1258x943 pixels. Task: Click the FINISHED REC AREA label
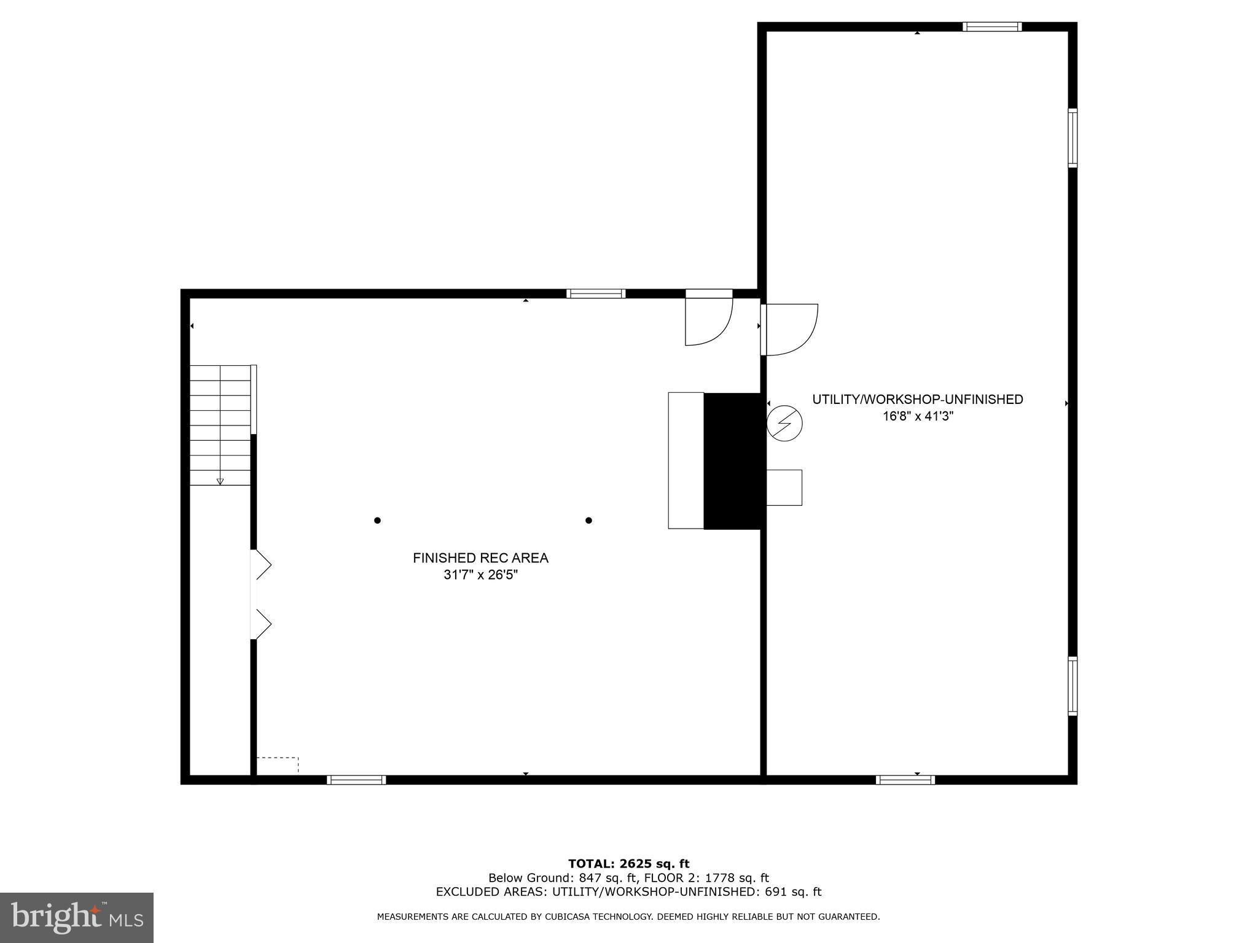pyautogui.click(x=480, y=558)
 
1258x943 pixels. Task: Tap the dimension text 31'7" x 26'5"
pyautogui.click(x=480, y=575)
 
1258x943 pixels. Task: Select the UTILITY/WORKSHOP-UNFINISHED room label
pyautogui.click(x=918, y=400)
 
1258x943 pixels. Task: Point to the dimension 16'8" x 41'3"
pyautogui.click(x=918, y=416)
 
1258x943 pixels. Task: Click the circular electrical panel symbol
pyautogui.click(x=784, y=423)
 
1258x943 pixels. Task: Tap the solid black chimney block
pyautogui.click(x=733, y=460)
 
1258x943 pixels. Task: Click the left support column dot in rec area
pyautogui.click(x=377, y=521)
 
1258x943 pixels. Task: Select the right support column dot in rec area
pyautogui.click(x=588, y=521)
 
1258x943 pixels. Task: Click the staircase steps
pyautogui.click(x=220, y=424)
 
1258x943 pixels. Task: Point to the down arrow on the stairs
pyautogui.click(x=220, y=481)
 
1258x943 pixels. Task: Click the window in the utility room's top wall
pyautogui.click(x=992, y=26)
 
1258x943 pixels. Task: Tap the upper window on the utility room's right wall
pyautogui.click(x=1072, y=138)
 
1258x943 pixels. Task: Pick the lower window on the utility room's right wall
pyautogui.click(x=1072, y=686)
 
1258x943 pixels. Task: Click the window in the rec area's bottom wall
pyautogui.click(x=356, y=780)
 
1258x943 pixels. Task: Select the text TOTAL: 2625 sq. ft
pyautogui.click(x=628, y=864)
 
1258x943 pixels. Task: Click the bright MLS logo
pyautogui.click(x=77, y=917)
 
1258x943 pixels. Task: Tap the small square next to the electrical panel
pyautogui.click(x=784, y=487)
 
